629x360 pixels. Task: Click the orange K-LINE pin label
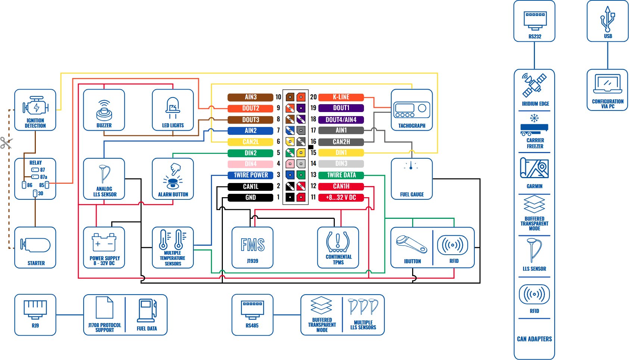tap(341, 97)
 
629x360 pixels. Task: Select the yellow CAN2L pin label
tap(250, 142)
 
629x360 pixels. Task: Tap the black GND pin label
tap(250, 198)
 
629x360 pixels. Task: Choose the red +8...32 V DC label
tap(341, 198)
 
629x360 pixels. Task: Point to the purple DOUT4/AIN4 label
tap(341, 120)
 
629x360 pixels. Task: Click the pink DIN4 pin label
tap(250, 164)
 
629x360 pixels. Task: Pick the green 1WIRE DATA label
tap(341, 175)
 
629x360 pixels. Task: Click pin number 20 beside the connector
tap(313, 97)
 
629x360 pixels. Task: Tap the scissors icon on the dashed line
tap(6, 143)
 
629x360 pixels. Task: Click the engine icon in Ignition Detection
tap(35, 106)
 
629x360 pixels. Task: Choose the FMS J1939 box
tap(252, 248)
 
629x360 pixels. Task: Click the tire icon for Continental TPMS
tap(338, 242)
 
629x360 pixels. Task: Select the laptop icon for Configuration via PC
tap(607, 84)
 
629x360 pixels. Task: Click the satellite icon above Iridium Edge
tap(534, 85)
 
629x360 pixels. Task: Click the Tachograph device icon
tap(412, 109)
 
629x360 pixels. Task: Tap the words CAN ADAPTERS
tap(534, 339)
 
